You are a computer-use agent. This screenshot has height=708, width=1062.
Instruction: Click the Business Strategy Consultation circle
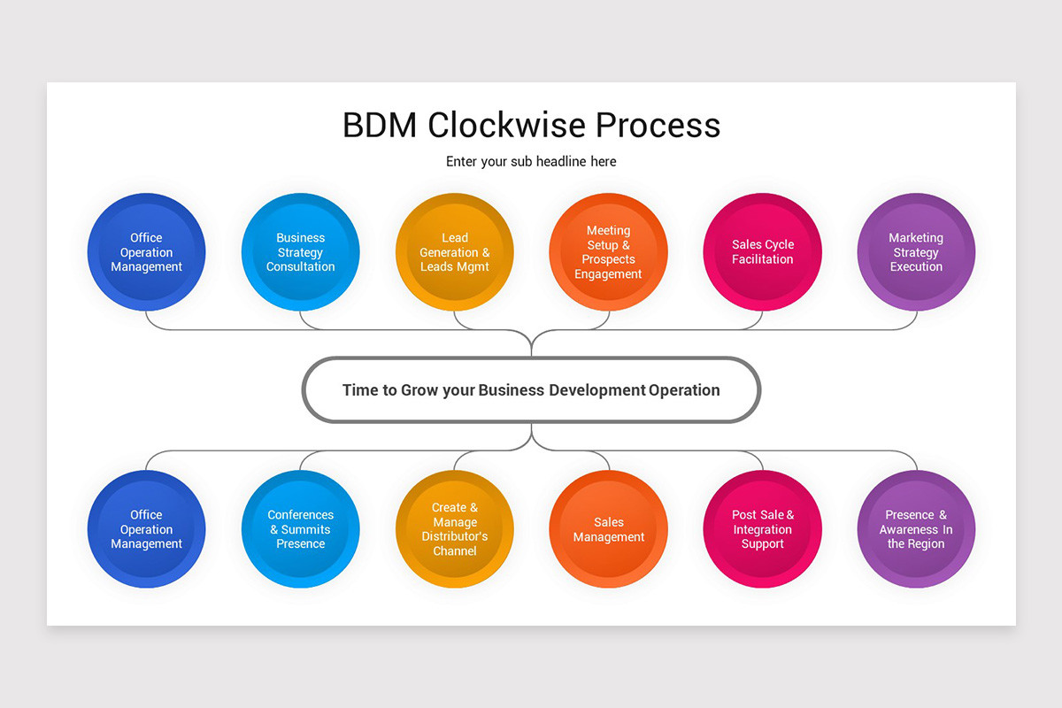301,252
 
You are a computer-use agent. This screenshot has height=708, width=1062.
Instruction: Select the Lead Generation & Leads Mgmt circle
455,252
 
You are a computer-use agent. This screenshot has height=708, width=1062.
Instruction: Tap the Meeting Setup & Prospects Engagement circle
609,252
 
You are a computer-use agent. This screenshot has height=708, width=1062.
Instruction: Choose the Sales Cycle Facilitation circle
763,252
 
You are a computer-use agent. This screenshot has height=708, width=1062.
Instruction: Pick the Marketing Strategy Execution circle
916,252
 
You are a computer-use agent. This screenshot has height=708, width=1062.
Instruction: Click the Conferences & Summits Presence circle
301,529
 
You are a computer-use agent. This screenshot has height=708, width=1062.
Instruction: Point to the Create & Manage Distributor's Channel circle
455,529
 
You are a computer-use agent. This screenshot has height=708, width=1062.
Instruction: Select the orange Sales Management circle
609,529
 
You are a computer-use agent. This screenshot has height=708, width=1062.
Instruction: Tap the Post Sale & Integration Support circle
763,529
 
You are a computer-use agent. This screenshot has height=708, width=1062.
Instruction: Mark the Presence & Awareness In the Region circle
916,529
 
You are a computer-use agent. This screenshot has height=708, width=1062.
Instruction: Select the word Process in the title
658,125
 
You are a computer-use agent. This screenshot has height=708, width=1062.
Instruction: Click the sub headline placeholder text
531,161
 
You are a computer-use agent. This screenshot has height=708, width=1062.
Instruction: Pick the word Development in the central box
597,390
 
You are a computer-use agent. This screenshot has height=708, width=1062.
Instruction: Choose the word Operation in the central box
684,390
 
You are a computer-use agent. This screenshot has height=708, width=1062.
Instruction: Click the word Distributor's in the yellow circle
455,536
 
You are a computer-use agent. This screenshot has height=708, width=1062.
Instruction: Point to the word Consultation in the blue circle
301,266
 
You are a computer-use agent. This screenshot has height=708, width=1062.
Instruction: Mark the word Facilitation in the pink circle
763,259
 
